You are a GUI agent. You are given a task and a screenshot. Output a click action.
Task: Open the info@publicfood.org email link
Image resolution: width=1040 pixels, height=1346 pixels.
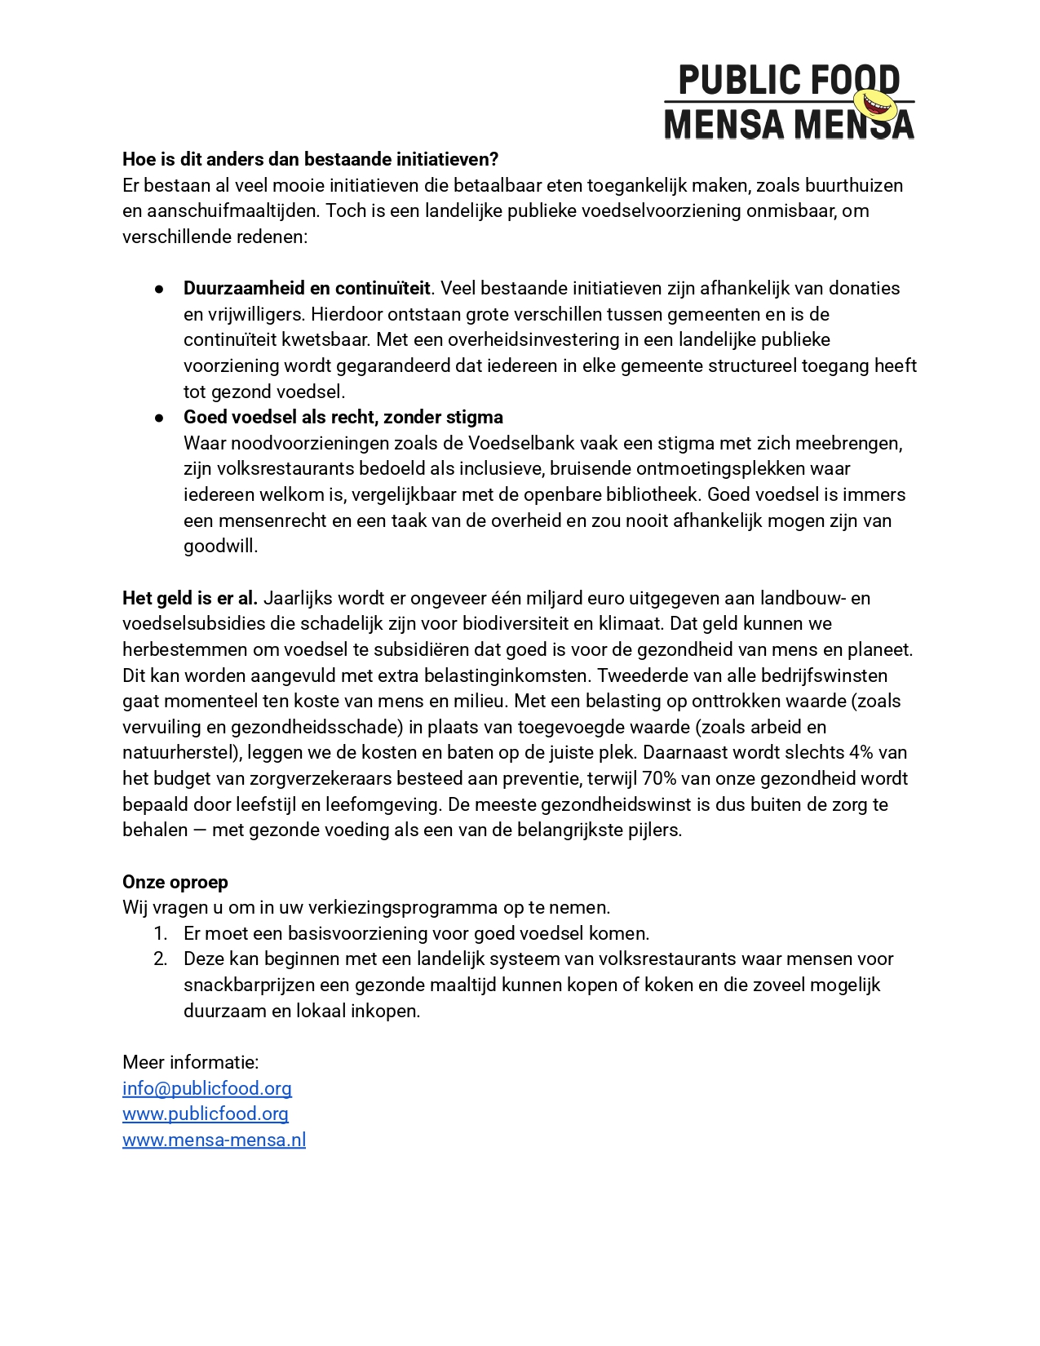(x=206, y=1088)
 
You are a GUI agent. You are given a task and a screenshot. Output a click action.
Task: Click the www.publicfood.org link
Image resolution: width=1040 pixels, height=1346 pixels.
(x=205, y=1114)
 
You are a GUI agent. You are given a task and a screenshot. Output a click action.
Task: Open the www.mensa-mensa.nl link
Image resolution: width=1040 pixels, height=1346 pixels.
(x=214, y=1140)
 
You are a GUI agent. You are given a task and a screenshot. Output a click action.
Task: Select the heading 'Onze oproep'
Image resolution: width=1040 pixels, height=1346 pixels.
(x=175, y=882)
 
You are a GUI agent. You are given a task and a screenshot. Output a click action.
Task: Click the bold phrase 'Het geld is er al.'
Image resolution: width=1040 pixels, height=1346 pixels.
(x=189, y=598)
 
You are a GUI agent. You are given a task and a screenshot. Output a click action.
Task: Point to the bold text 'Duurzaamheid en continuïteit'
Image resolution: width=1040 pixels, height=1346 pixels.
(x=306, y=288)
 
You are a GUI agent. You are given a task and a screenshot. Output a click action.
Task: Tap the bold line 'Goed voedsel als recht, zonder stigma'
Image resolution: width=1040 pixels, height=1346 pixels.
(x=343, y=417)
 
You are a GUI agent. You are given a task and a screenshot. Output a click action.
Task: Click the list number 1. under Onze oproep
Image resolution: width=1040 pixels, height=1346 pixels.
(x=160, y=933)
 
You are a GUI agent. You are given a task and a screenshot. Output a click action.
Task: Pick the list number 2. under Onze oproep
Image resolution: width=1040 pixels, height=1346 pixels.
(x=160, y=959)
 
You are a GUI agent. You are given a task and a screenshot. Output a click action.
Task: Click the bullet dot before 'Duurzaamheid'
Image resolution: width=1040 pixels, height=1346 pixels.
(x=160, y=289)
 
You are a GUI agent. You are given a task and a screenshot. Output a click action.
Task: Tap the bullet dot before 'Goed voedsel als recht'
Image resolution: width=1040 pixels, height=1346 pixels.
(x=160, y=418)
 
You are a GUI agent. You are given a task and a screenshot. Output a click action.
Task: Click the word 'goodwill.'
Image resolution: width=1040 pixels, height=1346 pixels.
(x=220, y=546)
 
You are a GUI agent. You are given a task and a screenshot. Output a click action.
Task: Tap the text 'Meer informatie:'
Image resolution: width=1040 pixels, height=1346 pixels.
(x=190, y=1062)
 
